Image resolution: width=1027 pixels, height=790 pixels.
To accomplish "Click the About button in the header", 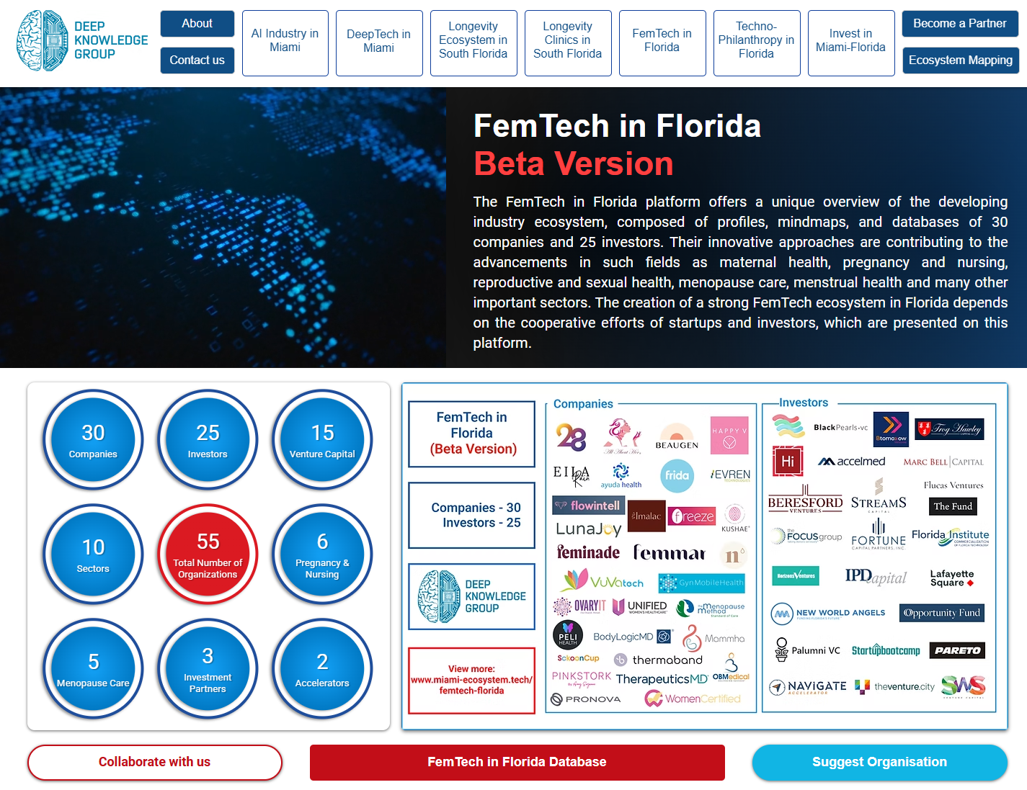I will click(197, 24).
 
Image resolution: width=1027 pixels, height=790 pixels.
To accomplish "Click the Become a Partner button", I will click(959, 24).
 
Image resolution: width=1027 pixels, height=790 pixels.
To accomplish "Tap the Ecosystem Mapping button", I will click(960, 60).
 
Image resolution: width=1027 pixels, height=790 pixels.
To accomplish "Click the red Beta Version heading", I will click(573, 163).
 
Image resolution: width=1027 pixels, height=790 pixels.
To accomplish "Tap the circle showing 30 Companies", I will click(93, 439).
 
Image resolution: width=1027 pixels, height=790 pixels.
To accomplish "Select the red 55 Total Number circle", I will click(208, 554).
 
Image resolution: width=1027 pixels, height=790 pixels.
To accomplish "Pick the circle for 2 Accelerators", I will click(322, 668).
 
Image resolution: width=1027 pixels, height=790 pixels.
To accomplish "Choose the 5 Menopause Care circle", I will click(93, 668).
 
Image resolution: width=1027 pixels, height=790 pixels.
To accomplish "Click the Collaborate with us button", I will click(154, 762).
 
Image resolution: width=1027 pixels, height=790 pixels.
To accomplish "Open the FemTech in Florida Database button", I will click(517, 762).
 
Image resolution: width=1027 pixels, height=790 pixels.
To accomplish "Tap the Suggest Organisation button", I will click(879, 762).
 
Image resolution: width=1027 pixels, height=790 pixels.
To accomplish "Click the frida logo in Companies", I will click(677, 475).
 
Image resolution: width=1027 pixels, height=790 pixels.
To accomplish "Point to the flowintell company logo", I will click(588, 506).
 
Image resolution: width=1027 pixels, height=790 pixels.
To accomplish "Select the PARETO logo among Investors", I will click(957, 650).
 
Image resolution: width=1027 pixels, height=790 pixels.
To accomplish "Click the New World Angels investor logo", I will click(828, 613).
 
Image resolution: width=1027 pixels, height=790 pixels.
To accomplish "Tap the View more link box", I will click(471, 680).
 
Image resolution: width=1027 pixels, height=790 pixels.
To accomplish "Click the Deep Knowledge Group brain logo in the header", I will click(42, 41).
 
